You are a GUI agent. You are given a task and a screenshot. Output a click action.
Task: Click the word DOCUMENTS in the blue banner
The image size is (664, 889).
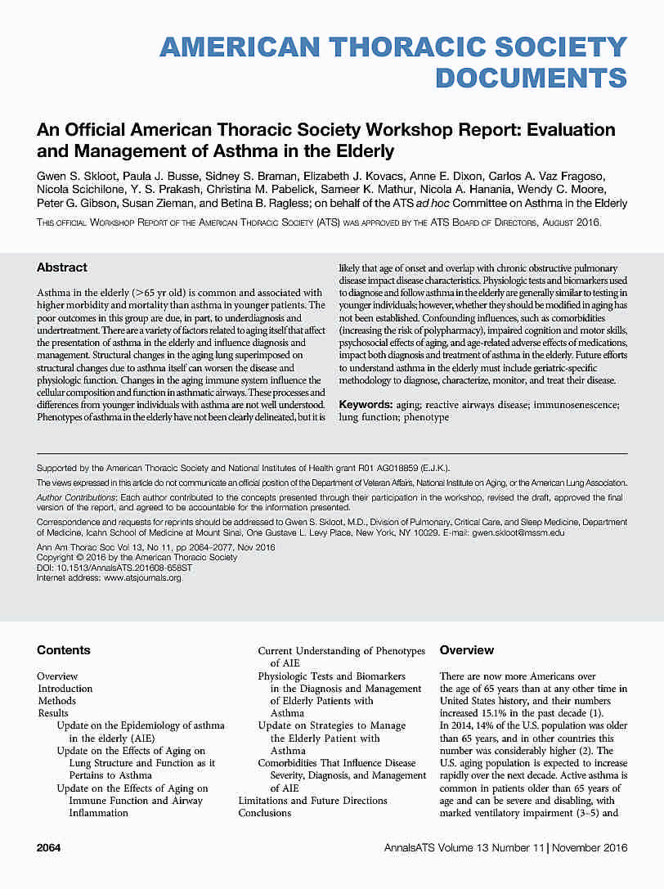click(x=532, y=78)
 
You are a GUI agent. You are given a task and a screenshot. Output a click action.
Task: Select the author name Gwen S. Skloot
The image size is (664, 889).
click(x=74, y=177)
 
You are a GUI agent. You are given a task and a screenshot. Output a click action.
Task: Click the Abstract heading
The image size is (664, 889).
click(x=62, y=267)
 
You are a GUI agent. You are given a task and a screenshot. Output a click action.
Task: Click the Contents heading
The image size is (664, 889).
click(x=64, y=650)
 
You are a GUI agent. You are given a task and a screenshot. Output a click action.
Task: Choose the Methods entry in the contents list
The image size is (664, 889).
click(x=56, y=701)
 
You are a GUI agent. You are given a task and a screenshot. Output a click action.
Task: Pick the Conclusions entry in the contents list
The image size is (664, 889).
click(x=265, y=813)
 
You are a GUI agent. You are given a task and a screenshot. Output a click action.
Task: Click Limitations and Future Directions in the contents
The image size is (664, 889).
click(x=312, y=801)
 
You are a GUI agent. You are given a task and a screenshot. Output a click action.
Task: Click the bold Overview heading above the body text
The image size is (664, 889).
click(x=467, y=650)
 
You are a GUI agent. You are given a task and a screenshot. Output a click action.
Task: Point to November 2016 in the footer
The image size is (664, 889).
click(x=590, y=848)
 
